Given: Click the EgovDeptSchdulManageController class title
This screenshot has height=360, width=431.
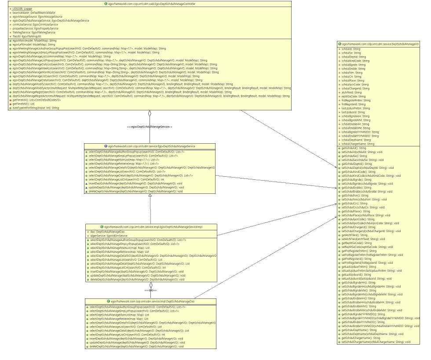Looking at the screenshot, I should point(150,4).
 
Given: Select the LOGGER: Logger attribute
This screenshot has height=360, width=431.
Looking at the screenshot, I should point(22,9).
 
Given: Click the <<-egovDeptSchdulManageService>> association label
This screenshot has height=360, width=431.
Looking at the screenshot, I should point(150,127).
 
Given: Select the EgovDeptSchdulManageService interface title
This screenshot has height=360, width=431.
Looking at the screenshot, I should point(150,146).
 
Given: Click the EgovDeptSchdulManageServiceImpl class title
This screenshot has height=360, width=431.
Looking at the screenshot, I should point(151,226).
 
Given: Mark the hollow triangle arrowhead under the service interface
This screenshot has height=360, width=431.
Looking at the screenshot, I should point(150,196).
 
